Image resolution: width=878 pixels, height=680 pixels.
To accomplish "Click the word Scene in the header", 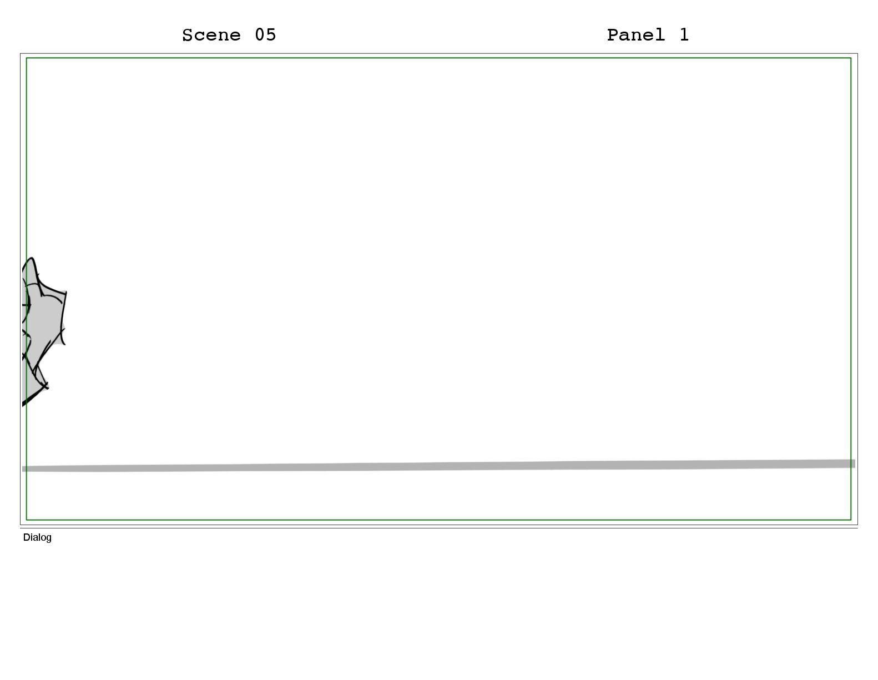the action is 211,35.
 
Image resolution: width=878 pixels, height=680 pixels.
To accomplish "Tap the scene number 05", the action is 265,35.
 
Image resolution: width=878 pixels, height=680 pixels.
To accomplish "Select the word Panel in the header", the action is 635,35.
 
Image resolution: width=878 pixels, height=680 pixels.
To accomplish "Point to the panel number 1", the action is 684,35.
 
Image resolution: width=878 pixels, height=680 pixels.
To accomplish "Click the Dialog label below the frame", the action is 37,537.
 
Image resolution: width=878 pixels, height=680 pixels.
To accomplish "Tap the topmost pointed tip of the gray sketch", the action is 32,258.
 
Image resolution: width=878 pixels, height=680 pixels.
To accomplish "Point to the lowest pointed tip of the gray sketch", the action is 23,405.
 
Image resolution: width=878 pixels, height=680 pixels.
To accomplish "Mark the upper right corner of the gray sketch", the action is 66,292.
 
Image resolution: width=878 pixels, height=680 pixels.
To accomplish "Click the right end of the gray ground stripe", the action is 855,464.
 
